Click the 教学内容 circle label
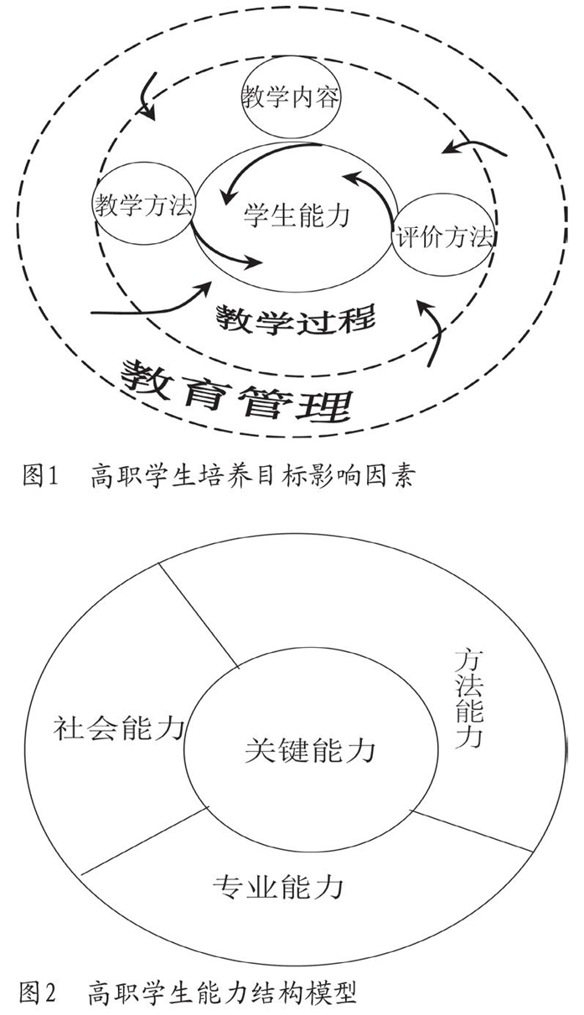[291, 97]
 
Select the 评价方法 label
[444, 236]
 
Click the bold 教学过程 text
[296, 319]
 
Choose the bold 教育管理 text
[236, 392]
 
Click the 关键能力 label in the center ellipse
[310, 750]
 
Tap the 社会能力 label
[119, 728]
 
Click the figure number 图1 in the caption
[41, 476]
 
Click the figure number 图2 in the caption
[38, 992]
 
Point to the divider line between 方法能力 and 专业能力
[471, 830]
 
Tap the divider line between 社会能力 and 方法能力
[198, 615]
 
